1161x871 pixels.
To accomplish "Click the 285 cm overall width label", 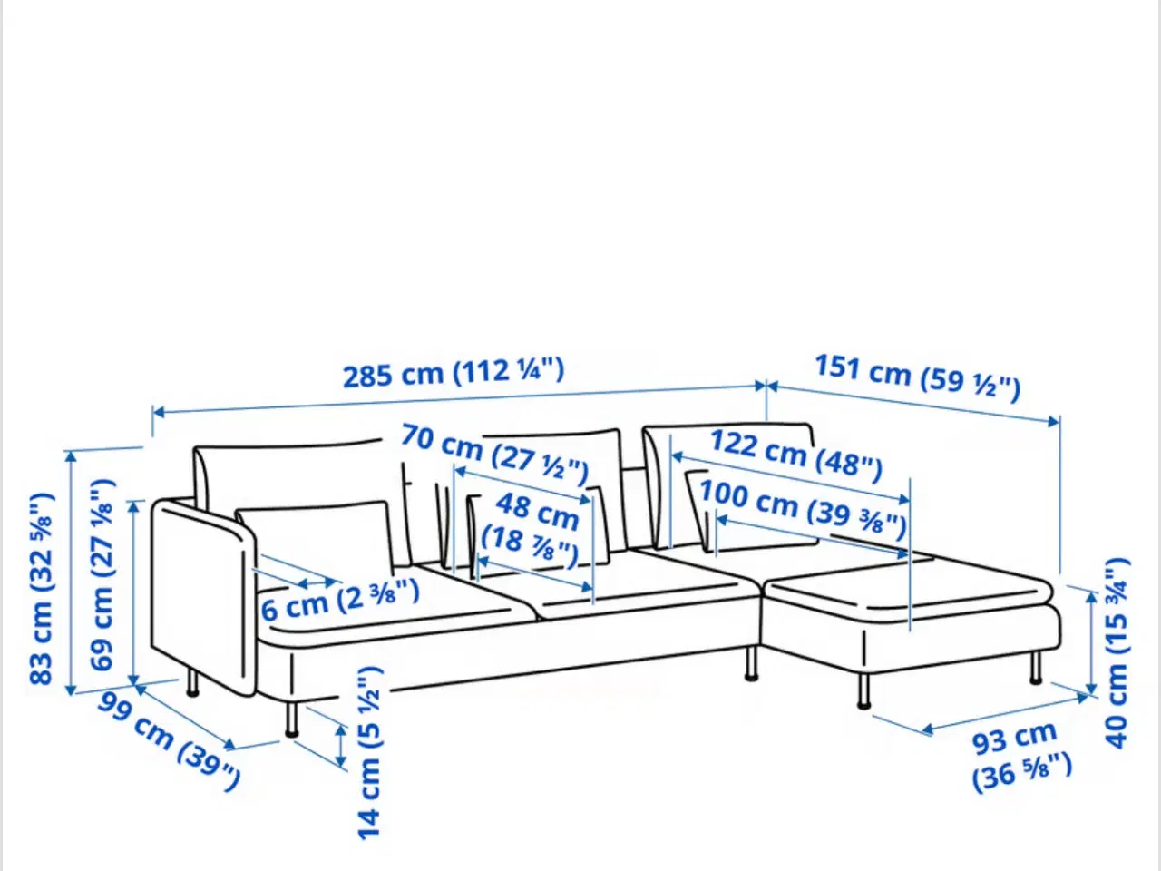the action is click(x=454, y=373).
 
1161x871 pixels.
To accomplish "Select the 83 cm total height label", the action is click(x=42, y=589).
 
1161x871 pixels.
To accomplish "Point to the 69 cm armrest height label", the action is click(x=102, y=575).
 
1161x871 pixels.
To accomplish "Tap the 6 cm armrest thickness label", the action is click(x=340, y=600).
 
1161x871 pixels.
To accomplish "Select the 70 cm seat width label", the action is click(x=494, y=455).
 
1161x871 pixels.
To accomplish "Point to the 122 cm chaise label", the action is click(x=795, y=455).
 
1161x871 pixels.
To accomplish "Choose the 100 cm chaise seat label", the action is click(x=803, y=509).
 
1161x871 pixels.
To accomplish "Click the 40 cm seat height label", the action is click(x=1117, y=653).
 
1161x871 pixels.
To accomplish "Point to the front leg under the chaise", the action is click(x=863, y=691).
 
